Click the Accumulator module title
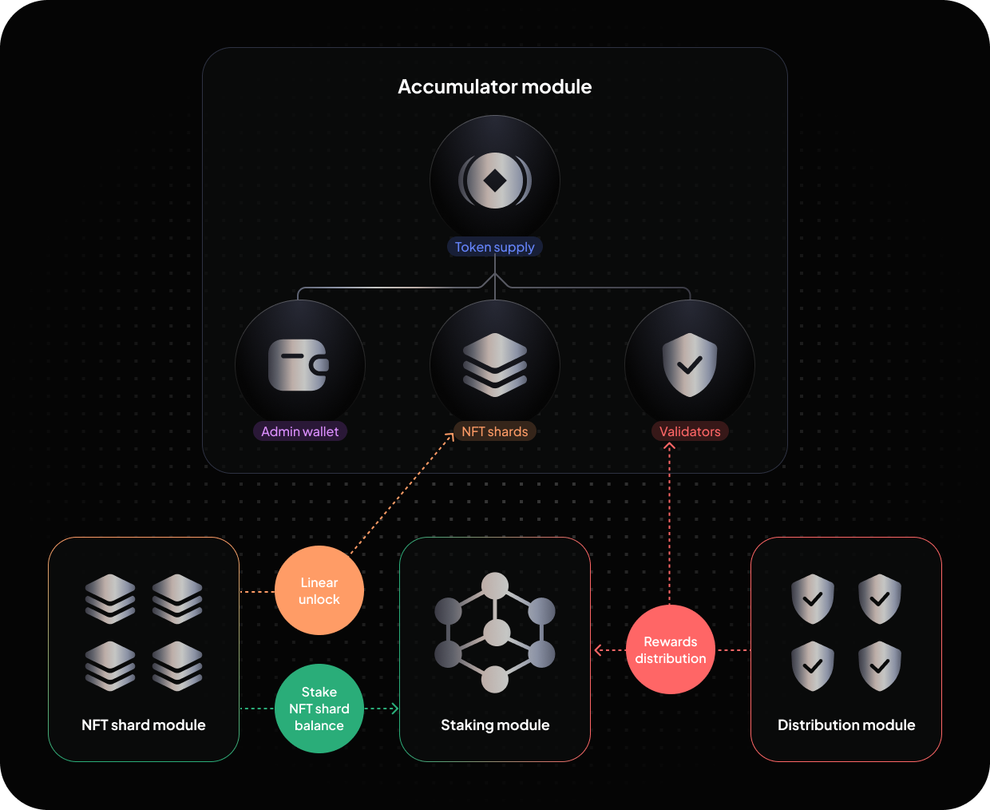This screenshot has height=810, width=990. [495, 87]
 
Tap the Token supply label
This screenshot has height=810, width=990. [495, 248]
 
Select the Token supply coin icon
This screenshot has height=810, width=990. [495, 181]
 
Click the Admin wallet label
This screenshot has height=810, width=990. [300, 432]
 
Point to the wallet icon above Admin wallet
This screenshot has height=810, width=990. [299, 365]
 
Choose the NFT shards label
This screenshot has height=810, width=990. [495, 432]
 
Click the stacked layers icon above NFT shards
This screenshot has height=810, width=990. [495, 365]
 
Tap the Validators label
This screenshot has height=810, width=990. [690, 432]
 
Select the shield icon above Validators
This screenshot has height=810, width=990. [690, 365]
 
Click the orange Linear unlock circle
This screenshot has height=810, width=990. [319, 591]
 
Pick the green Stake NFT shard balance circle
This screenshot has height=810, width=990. [319, 709]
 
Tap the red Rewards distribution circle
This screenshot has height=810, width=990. [671, 650]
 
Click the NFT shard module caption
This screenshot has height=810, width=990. [144, 725]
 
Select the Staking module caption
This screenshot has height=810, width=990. [495, 725]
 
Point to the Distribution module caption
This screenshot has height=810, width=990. [846, 725]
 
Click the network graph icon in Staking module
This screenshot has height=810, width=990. [495, 633]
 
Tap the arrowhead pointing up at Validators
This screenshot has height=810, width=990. [670, 447]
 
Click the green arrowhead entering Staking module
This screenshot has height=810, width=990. [394, 709]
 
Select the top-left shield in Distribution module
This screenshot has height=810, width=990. [813, 599]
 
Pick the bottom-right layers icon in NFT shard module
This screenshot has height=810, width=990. [177, 666]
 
